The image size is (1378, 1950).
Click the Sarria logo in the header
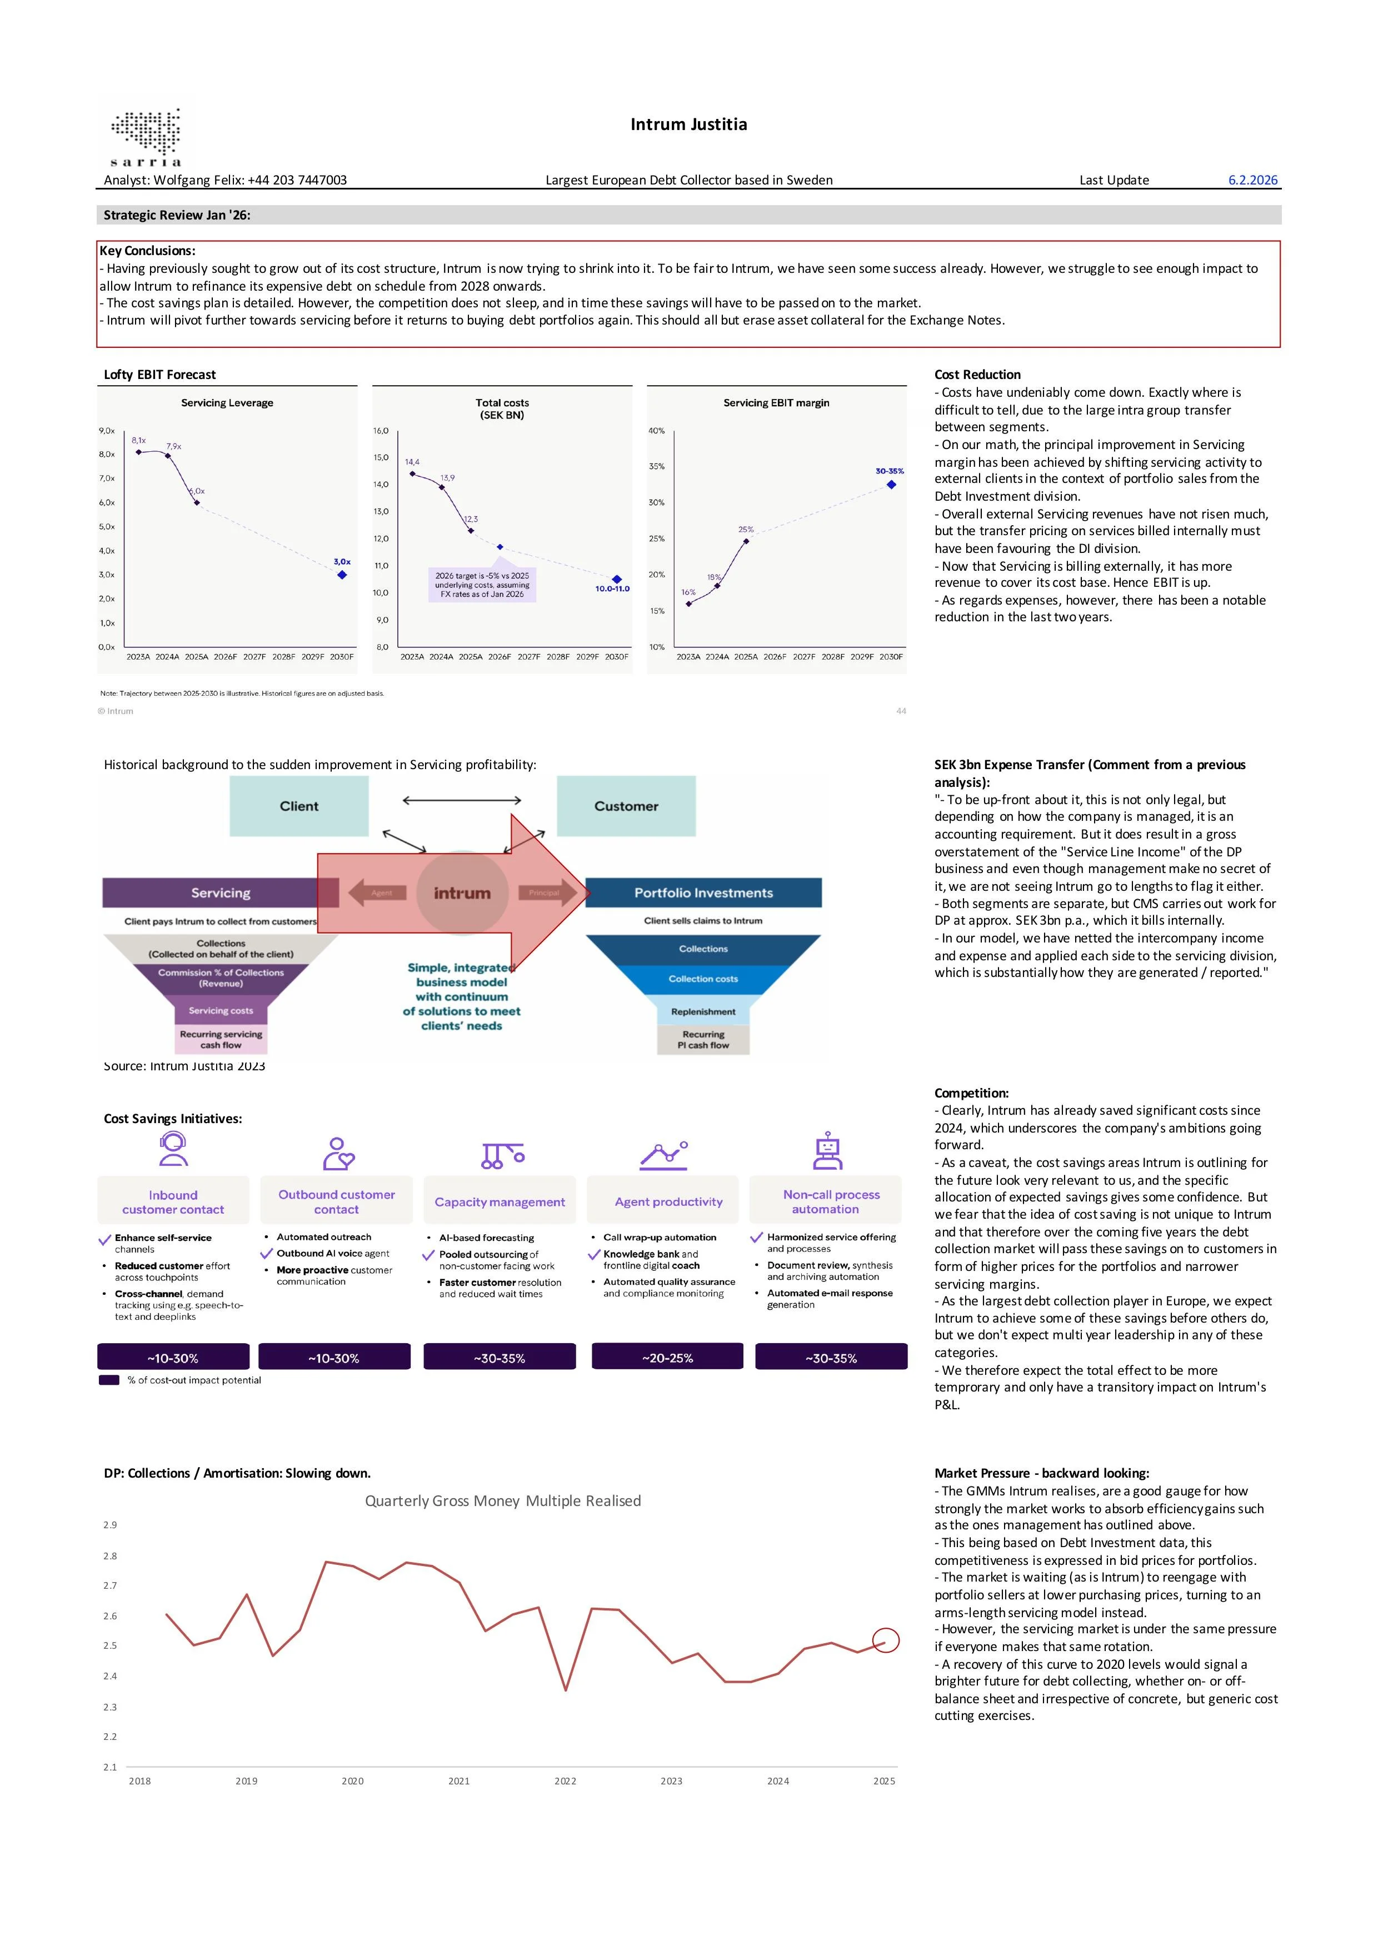coord(146,136)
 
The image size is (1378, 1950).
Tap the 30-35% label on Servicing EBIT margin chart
coord(889,471)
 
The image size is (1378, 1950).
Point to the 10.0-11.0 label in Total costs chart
coord(612,589)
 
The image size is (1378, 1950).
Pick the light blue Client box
coord(299,806)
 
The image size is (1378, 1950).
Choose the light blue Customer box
coord(626,806)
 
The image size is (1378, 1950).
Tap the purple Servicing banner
coord(220,892)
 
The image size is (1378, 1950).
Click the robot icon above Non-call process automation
coord(827,1151)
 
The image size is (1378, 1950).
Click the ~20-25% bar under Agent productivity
coord(667,1357)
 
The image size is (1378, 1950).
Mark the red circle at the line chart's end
coord(886,1640)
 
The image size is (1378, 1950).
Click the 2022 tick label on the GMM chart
coord(566,1781)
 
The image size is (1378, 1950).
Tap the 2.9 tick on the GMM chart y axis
coord(111,1524)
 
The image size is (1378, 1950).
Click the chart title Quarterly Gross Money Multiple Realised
coord(503,1501)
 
